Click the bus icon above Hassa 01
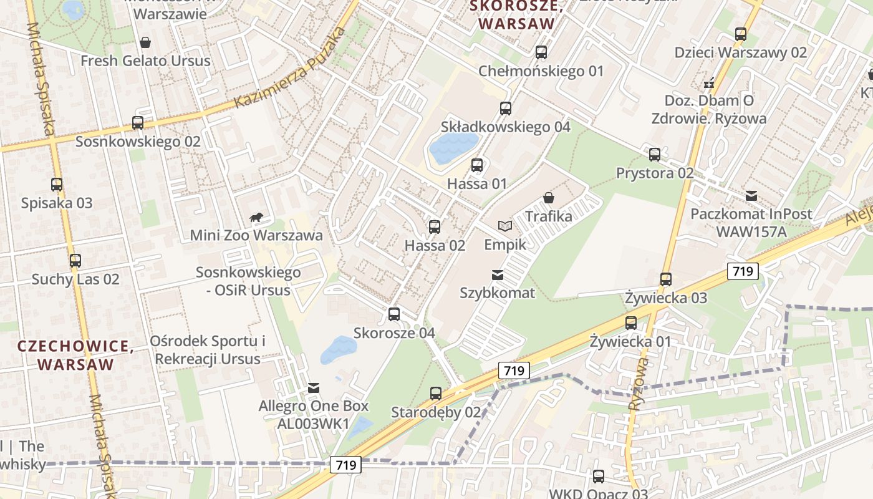477,165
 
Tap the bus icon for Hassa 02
435,227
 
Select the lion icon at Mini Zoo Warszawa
256,218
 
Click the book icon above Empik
504,226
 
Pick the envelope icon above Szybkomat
498,274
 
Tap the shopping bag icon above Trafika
549,198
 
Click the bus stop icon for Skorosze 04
394,314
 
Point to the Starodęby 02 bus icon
436,394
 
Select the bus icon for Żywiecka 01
631,323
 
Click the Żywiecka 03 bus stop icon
666,279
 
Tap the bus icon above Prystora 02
655,154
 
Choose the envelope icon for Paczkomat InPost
751,196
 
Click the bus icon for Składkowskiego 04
506,109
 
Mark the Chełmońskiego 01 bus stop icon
541,52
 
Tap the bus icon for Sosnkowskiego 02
138,123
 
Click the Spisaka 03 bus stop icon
57,185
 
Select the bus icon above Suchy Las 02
75,261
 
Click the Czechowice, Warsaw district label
75,355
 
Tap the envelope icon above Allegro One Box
314,388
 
